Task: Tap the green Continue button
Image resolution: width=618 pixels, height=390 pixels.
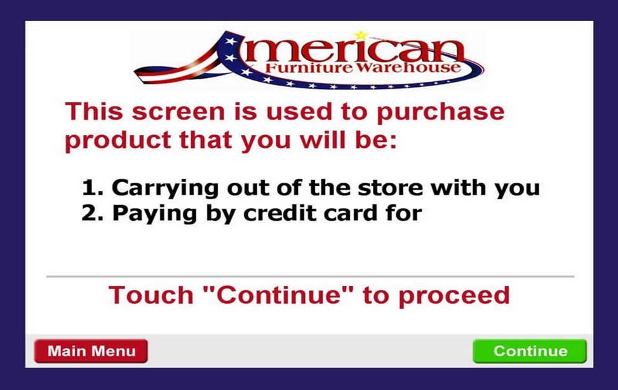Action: [530, 351]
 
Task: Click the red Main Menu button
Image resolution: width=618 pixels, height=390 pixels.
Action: [91, 351]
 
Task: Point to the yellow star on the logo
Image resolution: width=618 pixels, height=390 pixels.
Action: [361, 35]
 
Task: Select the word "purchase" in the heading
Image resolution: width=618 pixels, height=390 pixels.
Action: [440, 113]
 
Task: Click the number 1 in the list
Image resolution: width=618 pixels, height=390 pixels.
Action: [88, 188]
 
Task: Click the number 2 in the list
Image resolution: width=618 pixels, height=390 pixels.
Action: [89, 213]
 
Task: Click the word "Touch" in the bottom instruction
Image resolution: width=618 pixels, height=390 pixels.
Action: [150, 296]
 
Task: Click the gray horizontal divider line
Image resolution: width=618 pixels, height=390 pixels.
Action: [309, 276]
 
